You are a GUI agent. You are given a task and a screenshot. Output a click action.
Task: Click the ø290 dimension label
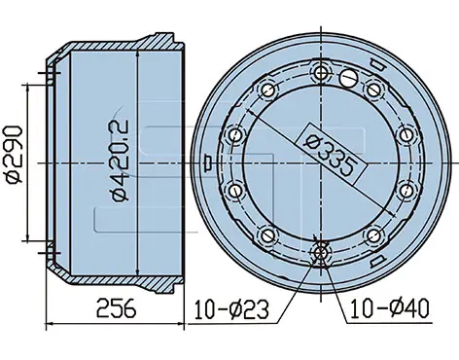click(15, 155)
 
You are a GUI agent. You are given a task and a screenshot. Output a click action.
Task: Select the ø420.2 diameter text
click(120, 161)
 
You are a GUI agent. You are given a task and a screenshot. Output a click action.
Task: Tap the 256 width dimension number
click(117, 308)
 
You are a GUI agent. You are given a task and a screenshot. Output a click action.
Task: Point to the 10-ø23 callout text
click(231, 309)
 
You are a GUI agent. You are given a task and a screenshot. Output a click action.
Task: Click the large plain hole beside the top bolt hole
click(348, 78)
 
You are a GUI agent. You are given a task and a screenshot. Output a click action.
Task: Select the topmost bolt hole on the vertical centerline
click(321, 73)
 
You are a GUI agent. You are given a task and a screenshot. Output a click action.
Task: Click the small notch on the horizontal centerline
click(206, 162)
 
